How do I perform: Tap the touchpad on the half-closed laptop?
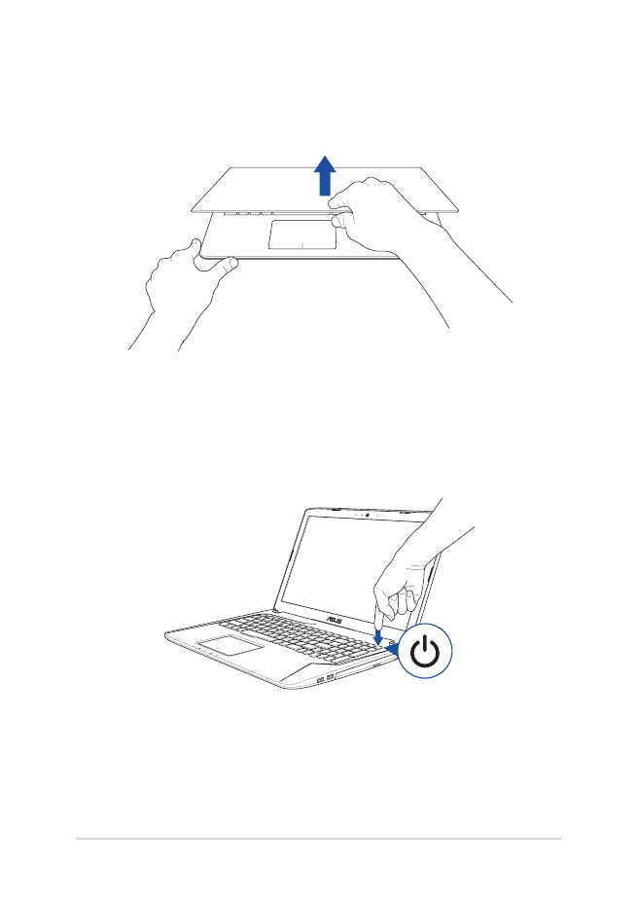301,234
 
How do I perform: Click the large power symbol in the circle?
428,653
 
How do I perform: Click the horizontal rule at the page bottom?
318,839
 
